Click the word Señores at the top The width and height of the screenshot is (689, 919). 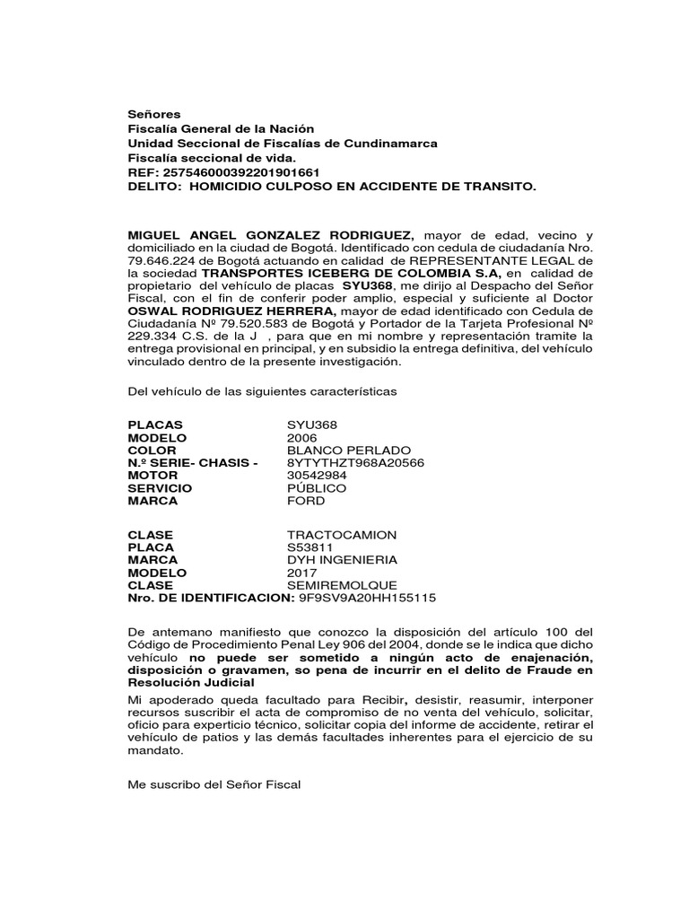tap(154, 114)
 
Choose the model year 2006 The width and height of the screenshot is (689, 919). tap(301, 437)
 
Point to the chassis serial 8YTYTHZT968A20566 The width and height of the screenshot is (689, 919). tap(355, 462)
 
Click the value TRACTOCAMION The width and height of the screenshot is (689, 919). tap(341, 535)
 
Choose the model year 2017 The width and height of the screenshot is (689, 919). tap(301, 573)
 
